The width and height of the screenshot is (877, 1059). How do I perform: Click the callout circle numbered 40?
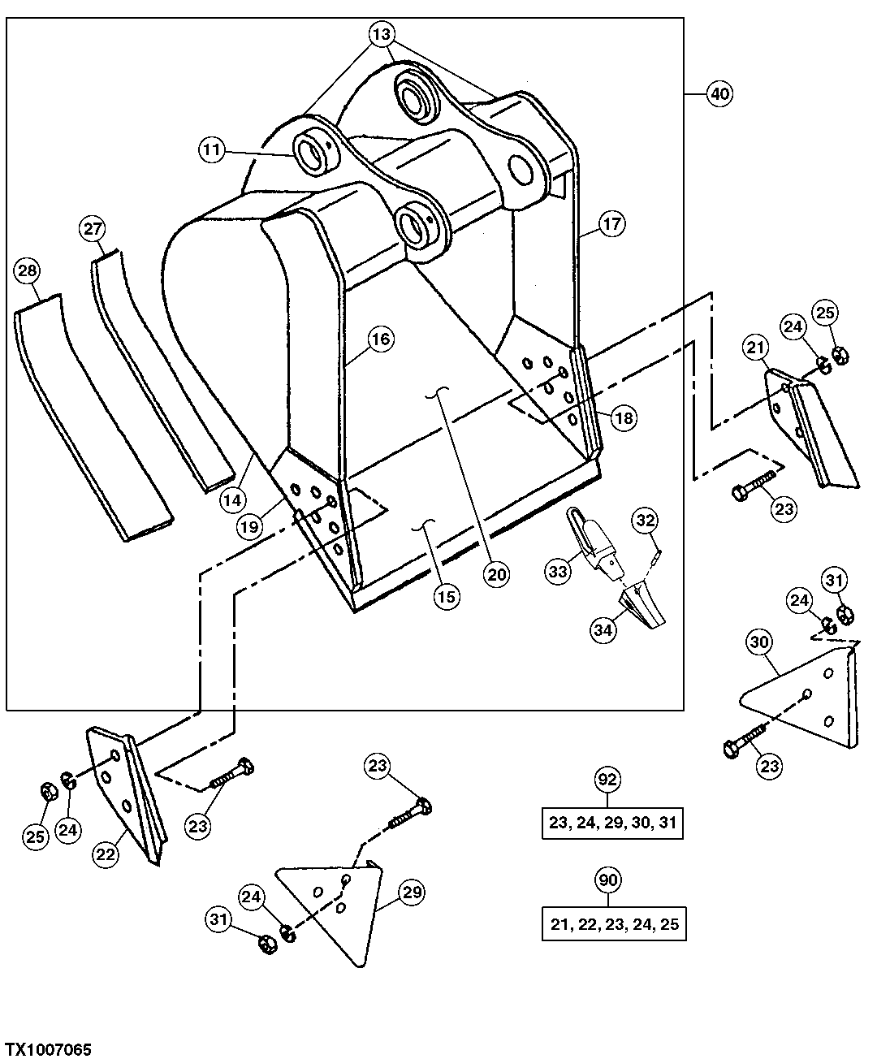coord(719,94)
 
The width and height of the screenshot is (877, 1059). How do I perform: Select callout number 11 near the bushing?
coord(212,149)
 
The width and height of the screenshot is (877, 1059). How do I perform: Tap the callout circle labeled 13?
coord(382,34)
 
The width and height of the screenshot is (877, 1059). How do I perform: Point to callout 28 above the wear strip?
coord(27,270)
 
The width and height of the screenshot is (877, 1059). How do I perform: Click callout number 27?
coord(92,228)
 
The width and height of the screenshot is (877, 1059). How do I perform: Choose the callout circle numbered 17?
coord(613,223)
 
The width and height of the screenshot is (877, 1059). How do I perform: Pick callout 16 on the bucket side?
coord(382,339)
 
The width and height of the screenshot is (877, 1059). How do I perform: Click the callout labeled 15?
coord(447,596)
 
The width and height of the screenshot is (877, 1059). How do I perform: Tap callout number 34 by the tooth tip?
coord(603,630)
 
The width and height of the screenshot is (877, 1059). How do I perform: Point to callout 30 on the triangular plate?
coord(759,642)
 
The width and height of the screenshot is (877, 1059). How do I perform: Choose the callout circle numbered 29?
coord(413,893)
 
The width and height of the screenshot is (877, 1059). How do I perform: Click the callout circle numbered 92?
coord(608,780)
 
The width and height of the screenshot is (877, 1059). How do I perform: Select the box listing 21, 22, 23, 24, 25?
coord(613,924)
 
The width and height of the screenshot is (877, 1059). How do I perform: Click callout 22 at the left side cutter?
coord(106,854)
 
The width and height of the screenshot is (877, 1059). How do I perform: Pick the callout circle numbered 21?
coord(756,348)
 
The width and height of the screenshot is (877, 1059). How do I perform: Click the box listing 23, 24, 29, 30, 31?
coord(612,823)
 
